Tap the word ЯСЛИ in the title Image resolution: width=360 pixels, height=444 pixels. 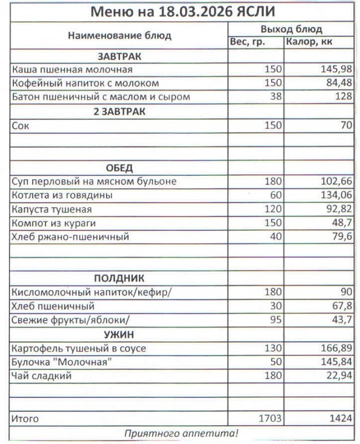click(x=253, y=12)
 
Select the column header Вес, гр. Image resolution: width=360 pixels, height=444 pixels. click(x=247, y=42)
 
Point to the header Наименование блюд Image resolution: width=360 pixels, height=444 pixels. click(x=119, y=36)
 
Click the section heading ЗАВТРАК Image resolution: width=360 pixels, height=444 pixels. click(x=119, y=57)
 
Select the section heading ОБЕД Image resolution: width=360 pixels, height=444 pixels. click(x=119, y=168)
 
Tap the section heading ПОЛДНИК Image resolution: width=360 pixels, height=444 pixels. click(x=119, y=279)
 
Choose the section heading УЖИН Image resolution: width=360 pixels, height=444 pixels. click(x=119, y=334)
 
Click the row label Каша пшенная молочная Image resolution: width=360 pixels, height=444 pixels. click(x=72, y=70)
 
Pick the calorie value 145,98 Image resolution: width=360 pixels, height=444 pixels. click(x=337, y=70)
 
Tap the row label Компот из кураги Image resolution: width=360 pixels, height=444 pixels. click(x=53, y=223)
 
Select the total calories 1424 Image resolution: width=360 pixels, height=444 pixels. click(x=340, y=418)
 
